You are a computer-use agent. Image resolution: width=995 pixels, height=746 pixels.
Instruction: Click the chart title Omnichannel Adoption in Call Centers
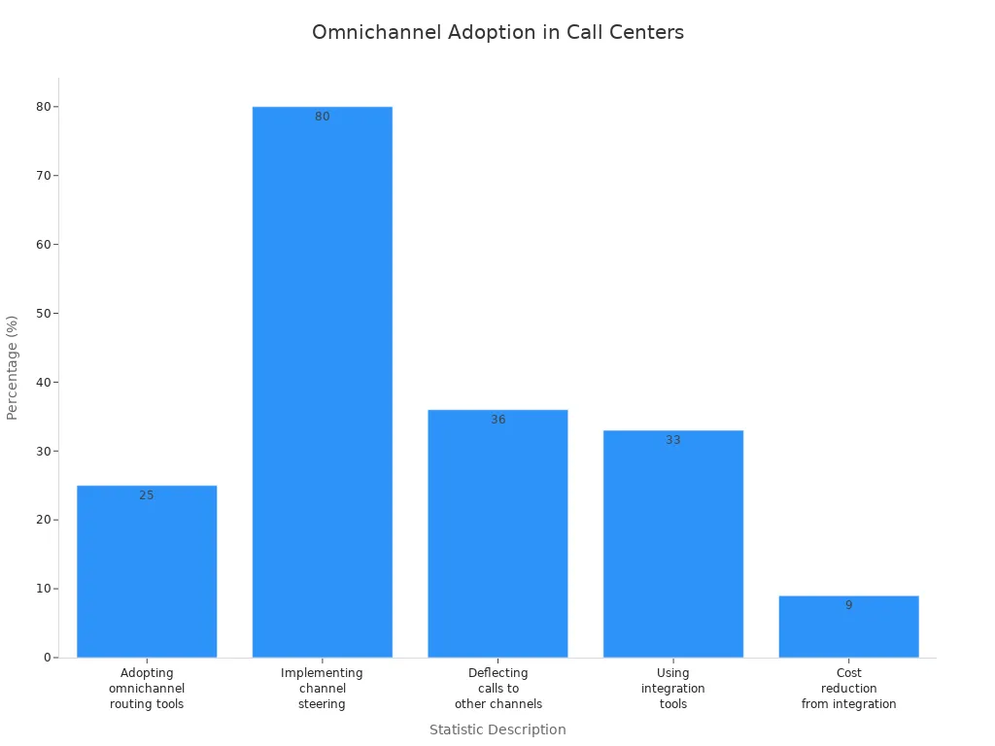[497, 32]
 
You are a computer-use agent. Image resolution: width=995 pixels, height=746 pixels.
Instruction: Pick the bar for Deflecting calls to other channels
[497, 533]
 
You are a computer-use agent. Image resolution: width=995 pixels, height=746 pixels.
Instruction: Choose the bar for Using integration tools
[673, 544]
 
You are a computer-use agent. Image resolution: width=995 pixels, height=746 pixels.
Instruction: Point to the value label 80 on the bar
[322, 117]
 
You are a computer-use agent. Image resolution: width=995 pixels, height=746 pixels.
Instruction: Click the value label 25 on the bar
[147, 495]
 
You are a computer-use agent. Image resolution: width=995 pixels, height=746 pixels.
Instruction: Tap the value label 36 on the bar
[497, 420]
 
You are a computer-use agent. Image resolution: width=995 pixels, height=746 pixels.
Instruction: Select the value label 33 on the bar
[673, 440]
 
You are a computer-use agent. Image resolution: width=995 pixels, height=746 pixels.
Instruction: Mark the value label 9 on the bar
[848, 605]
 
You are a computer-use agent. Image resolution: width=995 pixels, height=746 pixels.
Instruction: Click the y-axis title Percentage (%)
[13, 367]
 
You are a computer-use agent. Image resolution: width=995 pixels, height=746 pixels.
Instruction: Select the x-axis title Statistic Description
[497, 729]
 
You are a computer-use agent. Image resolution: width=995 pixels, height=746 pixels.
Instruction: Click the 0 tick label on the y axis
[47, 658]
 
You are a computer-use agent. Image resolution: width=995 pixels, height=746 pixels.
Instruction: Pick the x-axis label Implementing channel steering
[322, 688]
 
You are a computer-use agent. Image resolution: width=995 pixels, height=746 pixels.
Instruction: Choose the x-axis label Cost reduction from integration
[848, 688]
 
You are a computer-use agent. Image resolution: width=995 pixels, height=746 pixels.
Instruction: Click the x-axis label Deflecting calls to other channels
[497, 688]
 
